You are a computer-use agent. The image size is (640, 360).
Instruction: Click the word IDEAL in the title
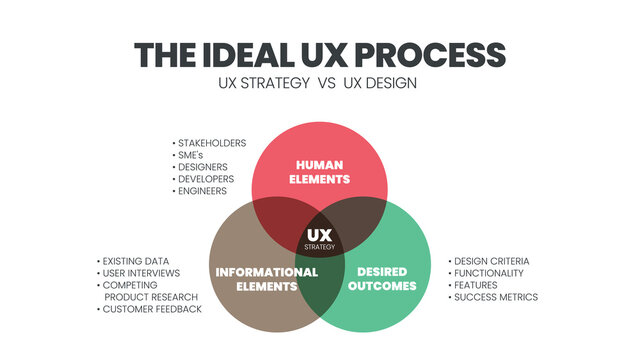tap(243, 54)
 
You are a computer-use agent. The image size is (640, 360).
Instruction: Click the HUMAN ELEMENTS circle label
tap(320, 172)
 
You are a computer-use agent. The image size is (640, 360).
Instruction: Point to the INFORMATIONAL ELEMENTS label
tap(267, 279)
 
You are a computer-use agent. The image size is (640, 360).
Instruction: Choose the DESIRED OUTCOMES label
tap(382, 279)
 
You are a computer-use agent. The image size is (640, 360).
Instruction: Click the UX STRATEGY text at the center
tap(319, 239)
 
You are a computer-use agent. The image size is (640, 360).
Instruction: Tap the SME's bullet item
tap(196, 155)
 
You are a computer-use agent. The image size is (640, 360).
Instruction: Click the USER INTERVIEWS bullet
tap(141, 273)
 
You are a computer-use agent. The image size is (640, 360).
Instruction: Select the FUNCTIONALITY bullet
tap(490, 273)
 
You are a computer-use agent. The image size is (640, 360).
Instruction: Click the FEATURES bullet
tap(478, 285)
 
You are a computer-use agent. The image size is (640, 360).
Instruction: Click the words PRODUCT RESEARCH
tap(151, 297)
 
